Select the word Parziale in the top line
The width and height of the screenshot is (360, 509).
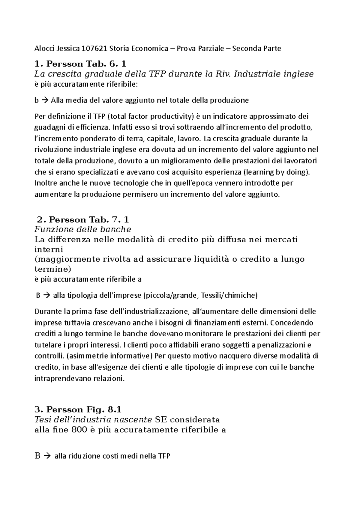point(211,48)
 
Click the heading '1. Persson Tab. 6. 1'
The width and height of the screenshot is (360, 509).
point(80,64)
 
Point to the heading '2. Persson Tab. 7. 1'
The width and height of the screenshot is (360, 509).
point(82,220)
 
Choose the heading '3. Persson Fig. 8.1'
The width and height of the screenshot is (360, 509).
point(78,409)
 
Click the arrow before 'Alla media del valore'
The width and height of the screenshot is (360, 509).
point(45,100)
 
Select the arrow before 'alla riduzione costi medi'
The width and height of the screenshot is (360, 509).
point(47,456)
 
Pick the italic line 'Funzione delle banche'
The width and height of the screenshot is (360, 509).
point(83,230)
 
